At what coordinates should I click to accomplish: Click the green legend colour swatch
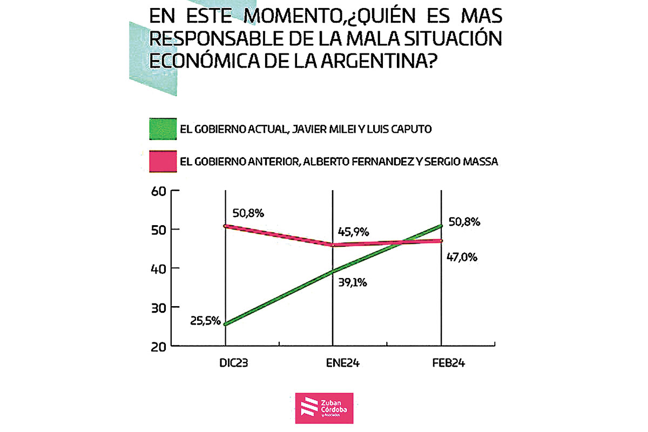pyautogui.click(x=162, y=130)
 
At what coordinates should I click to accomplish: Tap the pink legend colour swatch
pyautogui.click(x=162, y=161)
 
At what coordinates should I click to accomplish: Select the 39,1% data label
pyautogui.click(x=352, y=281)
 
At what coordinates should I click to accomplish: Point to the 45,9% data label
pyautogui.click(x=353, y=232)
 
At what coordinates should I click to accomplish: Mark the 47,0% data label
pyautogui.click(x=461, y=258)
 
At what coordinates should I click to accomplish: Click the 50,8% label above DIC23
pyautogui.click(x=248, y=213)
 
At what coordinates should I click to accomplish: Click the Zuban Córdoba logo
pyautogui.click(x=324, y=408)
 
